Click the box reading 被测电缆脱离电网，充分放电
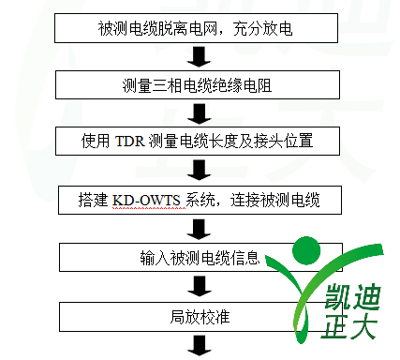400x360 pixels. pyautogui.click(x=196, y=28)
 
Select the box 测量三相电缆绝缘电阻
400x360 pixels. pyautogui.click(x=198, y=85)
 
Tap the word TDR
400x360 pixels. pyautogui.click(x=130, y=142)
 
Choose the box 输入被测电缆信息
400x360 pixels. pyautogui.click(x=200, y=257)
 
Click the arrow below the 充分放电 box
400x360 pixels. pyautogui.click(x=200, y=56)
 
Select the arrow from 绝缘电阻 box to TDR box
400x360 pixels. pyautogui.click(x=200, y=113)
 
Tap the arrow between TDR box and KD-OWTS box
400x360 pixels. pyautogui.click(x=200, y=170)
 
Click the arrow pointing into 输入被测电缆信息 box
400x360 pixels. pyautogui.click(x=200, y=230)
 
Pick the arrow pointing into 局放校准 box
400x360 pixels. pyautogui.click(x=200, y=286)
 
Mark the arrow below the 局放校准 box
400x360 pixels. pyautogui.click(x=200, y=345)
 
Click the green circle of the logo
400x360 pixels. pyautogui.click(x=306, y=250)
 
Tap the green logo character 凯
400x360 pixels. pyautogui.click(x=338, y=296)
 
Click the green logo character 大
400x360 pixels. pyautogui.click(x=363, y=326)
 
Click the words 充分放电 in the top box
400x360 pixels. pyautogui.click(x=262, y=28)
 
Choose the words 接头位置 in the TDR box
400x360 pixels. pyautogui.click(x=284, y=142)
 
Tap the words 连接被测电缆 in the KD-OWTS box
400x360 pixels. pyautogui.click(x=275, y=201)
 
